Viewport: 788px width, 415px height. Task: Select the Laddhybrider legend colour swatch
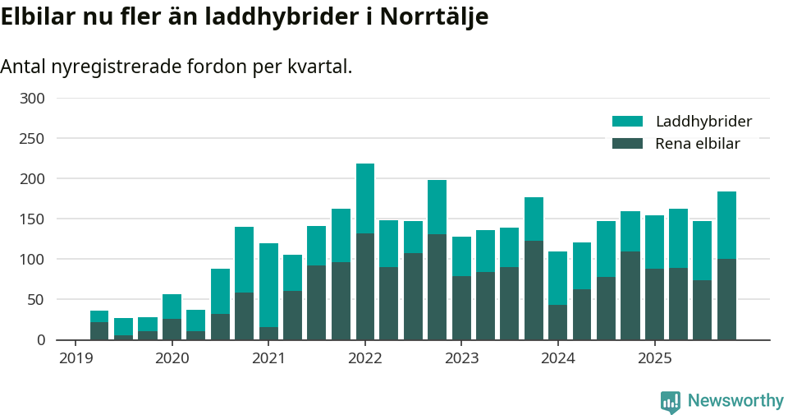point(627,122)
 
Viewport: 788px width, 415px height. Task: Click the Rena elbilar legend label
point(698,144)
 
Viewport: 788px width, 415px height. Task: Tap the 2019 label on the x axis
point(76,358)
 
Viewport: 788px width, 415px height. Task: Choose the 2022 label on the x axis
point(364,358)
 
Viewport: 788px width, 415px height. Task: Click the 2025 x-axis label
point(654,358)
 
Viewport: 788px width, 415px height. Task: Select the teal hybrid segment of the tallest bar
point(365,198)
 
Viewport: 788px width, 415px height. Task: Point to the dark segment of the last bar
point(726,299)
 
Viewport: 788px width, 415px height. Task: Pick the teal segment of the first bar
point(99,316)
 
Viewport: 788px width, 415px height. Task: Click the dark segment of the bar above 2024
point(558,322)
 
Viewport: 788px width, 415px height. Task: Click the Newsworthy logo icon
point(670,401)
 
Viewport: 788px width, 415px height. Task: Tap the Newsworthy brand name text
point(735,401)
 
